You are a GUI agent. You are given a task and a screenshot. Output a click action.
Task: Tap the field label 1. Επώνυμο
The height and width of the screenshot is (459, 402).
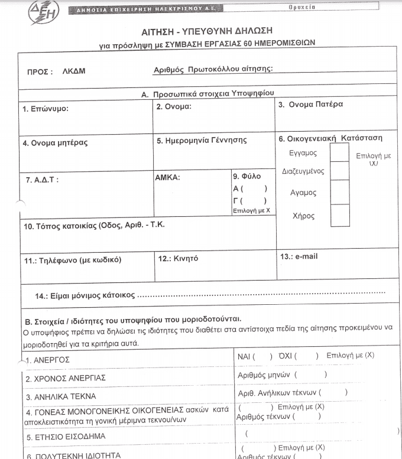click(x=46, y=109)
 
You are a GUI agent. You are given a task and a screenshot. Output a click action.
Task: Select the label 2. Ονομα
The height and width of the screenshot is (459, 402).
click(x=174, y=107)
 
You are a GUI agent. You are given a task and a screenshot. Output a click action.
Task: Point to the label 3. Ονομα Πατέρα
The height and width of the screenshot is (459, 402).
click(x=310, y=105)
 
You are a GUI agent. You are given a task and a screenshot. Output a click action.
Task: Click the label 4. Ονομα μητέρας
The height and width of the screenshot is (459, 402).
click(x=56, y=143)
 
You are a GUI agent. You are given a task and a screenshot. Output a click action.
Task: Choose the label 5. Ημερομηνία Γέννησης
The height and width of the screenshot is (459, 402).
click(x=202, y=141)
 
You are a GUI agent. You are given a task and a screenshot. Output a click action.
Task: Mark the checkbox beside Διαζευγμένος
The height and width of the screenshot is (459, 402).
click(x=339, y=172)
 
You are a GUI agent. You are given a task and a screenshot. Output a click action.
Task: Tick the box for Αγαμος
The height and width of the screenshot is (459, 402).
click(x=339, y=192)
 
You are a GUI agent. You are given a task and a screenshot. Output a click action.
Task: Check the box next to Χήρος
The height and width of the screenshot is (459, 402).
click(x=339, y=215)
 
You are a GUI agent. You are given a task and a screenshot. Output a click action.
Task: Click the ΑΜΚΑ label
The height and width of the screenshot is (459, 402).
click(x=167, y=177)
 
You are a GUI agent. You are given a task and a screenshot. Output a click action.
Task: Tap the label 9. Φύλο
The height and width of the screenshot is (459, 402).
click(x=247, y=176)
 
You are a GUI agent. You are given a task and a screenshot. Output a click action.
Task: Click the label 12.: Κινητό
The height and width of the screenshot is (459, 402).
click(x=178, y=259)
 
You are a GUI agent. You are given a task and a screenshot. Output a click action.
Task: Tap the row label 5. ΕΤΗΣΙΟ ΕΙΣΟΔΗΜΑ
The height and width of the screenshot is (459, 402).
click(x=65, y=437)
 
